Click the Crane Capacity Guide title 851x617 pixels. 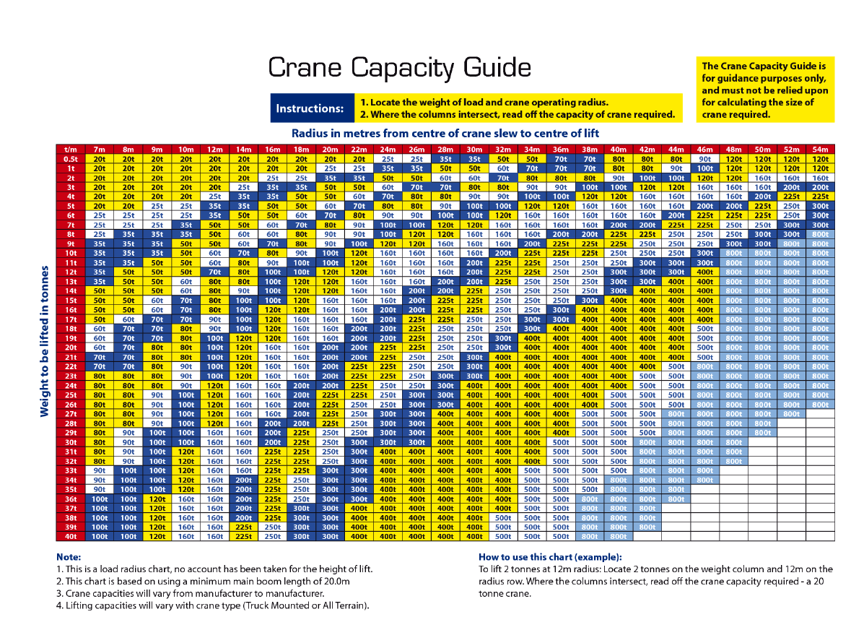(399, 68)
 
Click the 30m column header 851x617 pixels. (474, 149)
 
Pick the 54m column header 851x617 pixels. (820, 149)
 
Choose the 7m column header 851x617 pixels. (100, 149)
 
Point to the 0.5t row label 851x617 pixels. (71, 158)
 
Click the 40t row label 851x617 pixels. (71, 536)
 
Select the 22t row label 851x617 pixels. (71, 366)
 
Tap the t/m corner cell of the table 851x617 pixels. (71, 149)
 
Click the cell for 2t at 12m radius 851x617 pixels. (214, 177)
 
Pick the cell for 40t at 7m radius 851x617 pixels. (100, 536)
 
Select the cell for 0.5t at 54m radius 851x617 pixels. (820, 158)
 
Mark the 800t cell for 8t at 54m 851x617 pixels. (820, 234)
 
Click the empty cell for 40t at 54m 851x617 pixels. (820, 536)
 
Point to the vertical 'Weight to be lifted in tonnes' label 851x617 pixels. (44, 341)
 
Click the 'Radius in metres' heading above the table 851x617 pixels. (445, 134)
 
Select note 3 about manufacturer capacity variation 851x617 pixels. (189, 593)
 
